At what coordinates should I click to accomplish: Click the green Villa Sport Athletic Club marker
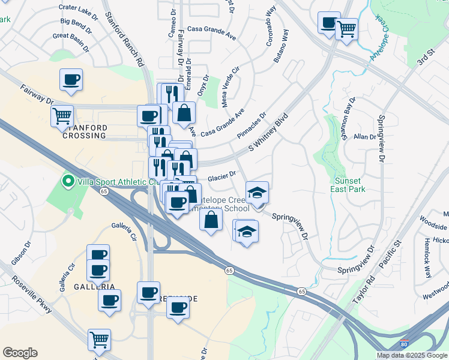click(x=68, y=181)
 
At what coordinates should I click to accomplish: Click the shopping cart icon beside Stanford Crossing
click(x=62, y=116)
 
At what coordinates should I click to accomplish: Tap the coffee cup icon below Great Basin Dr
click(x=71, y=79)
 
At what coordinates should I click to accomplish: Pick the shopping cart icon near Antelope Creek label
click(x=346, y=28)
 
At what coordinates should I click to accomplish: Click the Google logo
click(x=20, y=353)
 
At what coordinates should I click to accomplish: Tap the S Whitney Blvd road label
click(x=268, y=134)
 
